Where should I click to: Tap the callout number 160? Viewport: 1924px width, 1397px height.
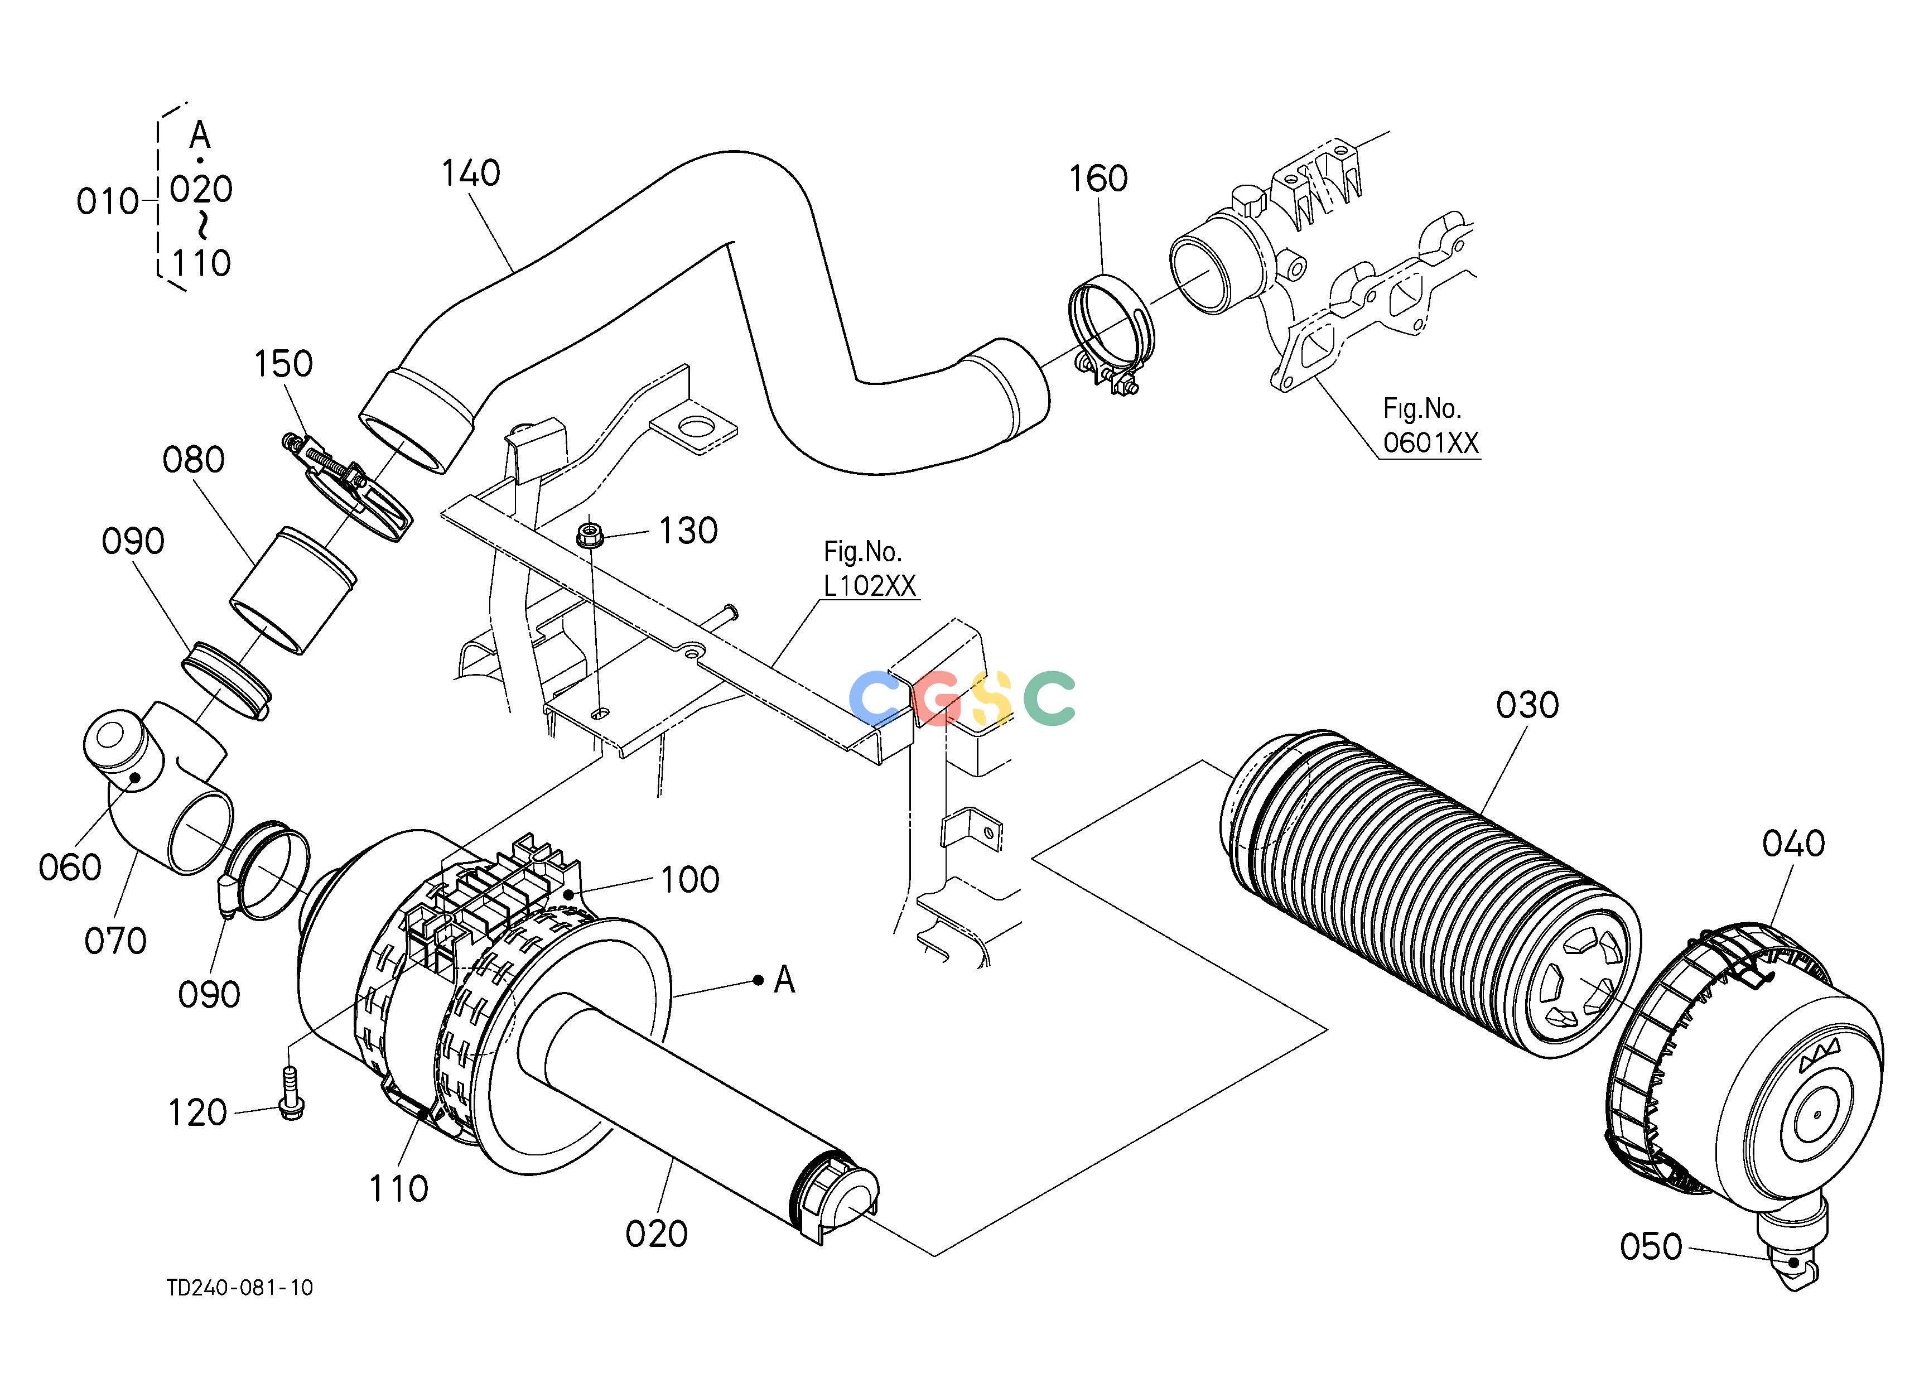[1098, 179]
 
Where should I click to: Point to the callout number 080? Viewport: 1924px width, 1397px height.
[194, 460]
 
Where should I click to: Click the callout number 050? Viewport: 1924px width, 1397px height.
[1651, 1247]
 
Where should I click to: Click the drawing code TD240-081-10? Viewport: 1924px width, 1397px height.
[240, 1288]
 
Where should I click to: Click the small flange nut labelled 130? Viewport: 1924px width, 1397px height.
[587, 535]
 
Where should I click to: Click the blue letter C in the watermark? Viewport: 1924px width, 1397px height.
[875, 697]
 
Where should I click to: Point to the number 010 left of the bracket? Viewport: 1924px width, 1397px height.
[107, 202]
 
